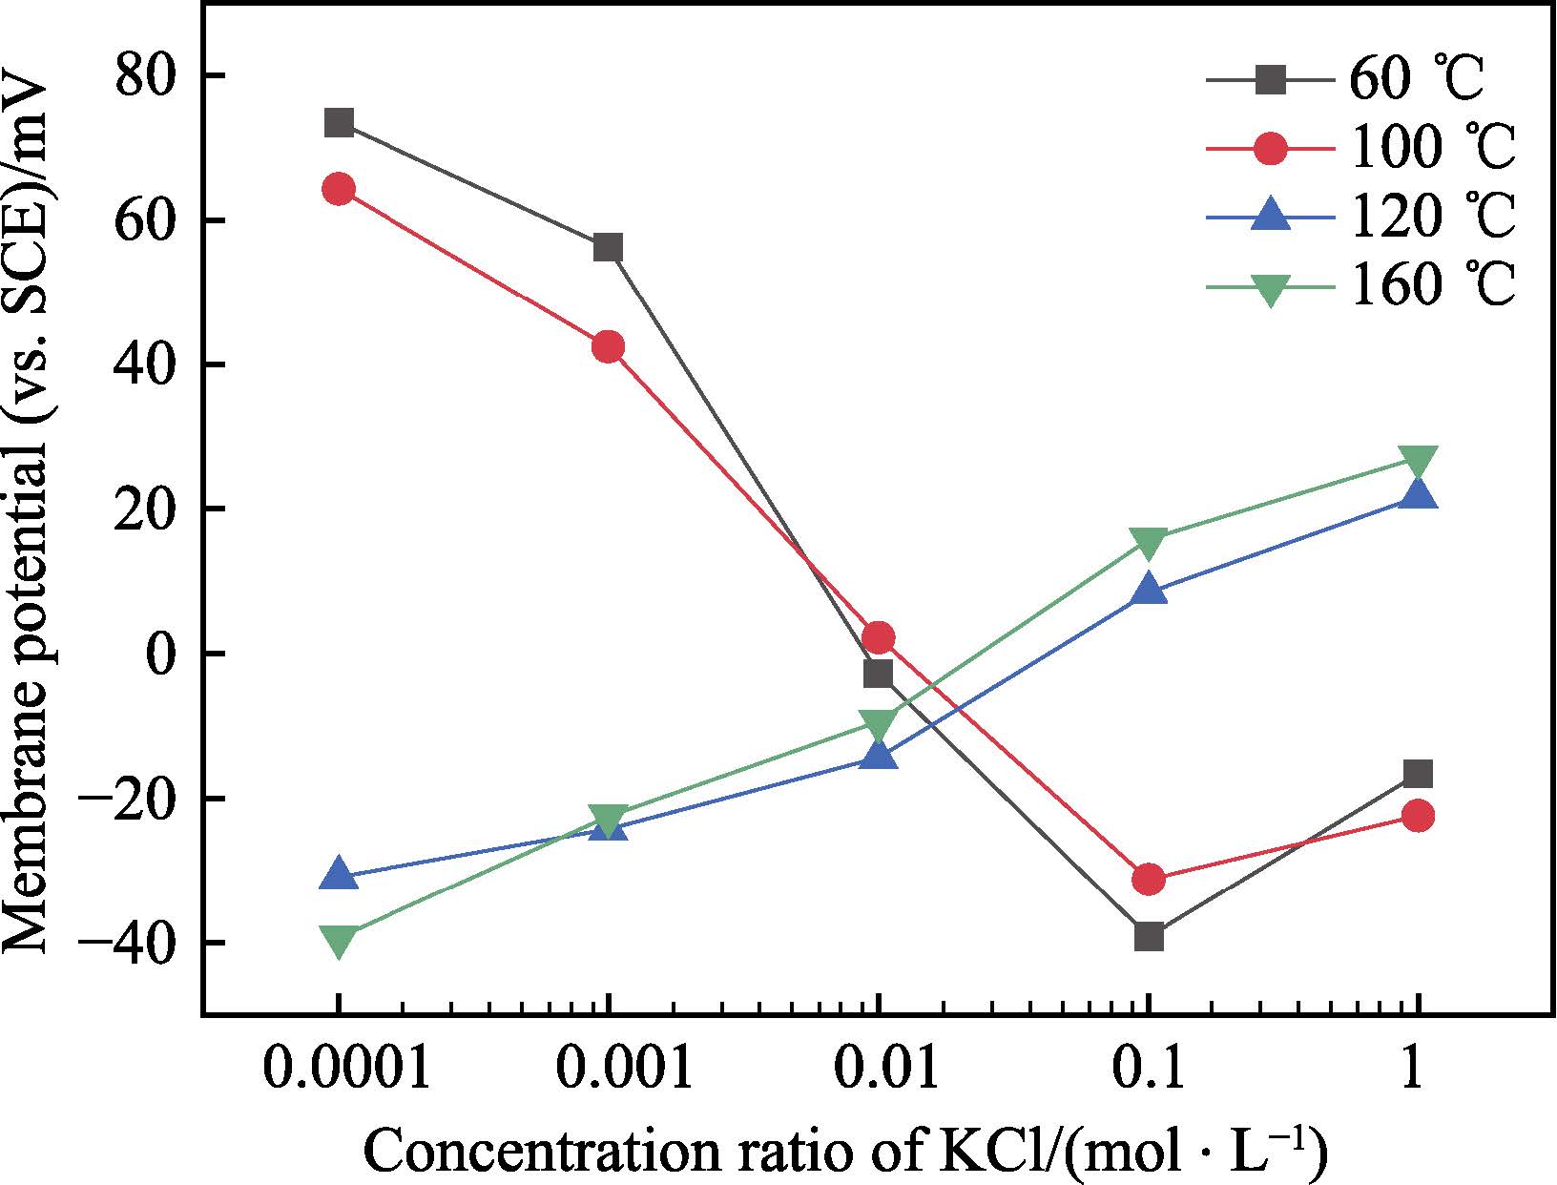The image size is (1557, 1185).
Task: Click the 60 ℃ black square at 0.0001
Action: click(339, 123)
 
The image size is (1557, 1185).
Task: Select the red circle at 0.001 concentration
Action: click(608, 346)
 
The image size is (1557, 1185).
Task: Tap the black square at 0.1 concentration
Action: click(1149, 936)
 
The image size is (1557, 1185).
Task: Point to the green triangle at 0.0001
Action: click(339, 941)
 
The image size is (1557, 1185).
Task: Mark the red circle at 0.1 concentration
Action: click(1149, 879)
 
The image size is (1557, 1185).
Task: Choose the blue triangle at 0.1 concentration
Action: click(1149, 590)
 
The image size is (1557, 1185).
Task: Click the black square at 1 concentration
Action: click(1418, 774)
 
